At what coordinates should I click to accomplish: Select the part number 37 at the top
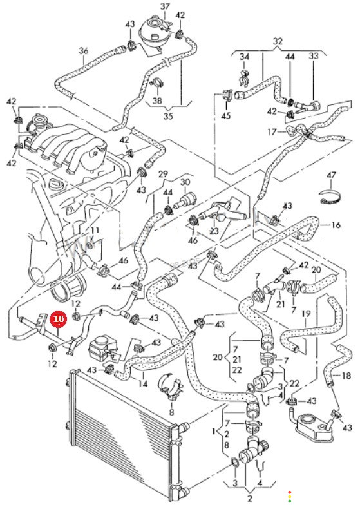(x=165, y=6)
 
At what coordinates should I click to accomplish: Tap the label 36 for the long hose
(x=83, y=51)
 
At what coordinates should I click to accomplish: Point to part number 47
(x=331, y=176)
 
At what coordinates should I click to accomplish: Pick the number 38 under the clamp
(x=157, y=101)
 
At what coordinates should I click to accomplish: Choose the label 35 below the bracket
(x=168, y=116)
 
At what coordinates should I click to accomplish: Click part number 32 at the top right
(x=278, y=41)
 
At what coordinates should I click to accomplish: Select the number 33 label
(x=313, y=56)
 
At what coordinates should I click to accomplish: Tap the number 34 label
(x=244, y=57)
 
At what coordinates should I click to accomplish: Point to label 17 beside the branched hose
(x=272, y=132)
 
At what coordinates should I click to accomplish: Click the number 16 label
(x=336, y=224)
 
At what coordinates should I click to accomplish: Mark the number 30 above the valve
(x=185, y=182)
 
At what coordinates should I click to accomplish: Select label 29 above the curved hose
(x=163, y=175)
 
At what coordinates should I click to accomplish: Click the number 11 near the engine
(x=95, y=231)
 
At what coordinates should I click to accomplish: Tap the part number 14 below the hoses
(x=143, y=384)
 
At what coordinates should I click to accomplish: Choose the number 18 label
(x=346, y=376)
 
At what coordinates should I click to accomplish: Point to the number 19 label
(x=306, y=314)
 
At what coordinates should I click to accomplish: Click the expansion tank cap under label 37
(x=153, y=25)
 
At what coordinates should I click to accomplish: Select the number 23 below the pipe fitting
(x=214, y=231)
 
